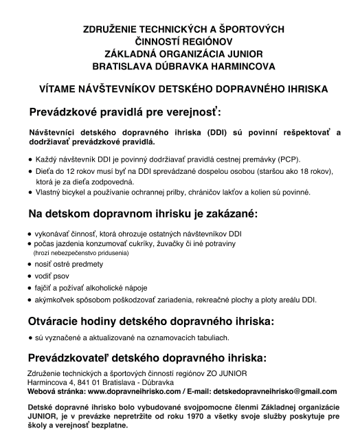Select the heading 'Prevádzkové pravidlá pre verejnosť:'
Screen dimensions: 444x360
click(x=126, y=111)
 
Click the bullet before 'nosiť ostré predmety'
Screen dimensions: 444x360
click(x=30, y=264)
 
